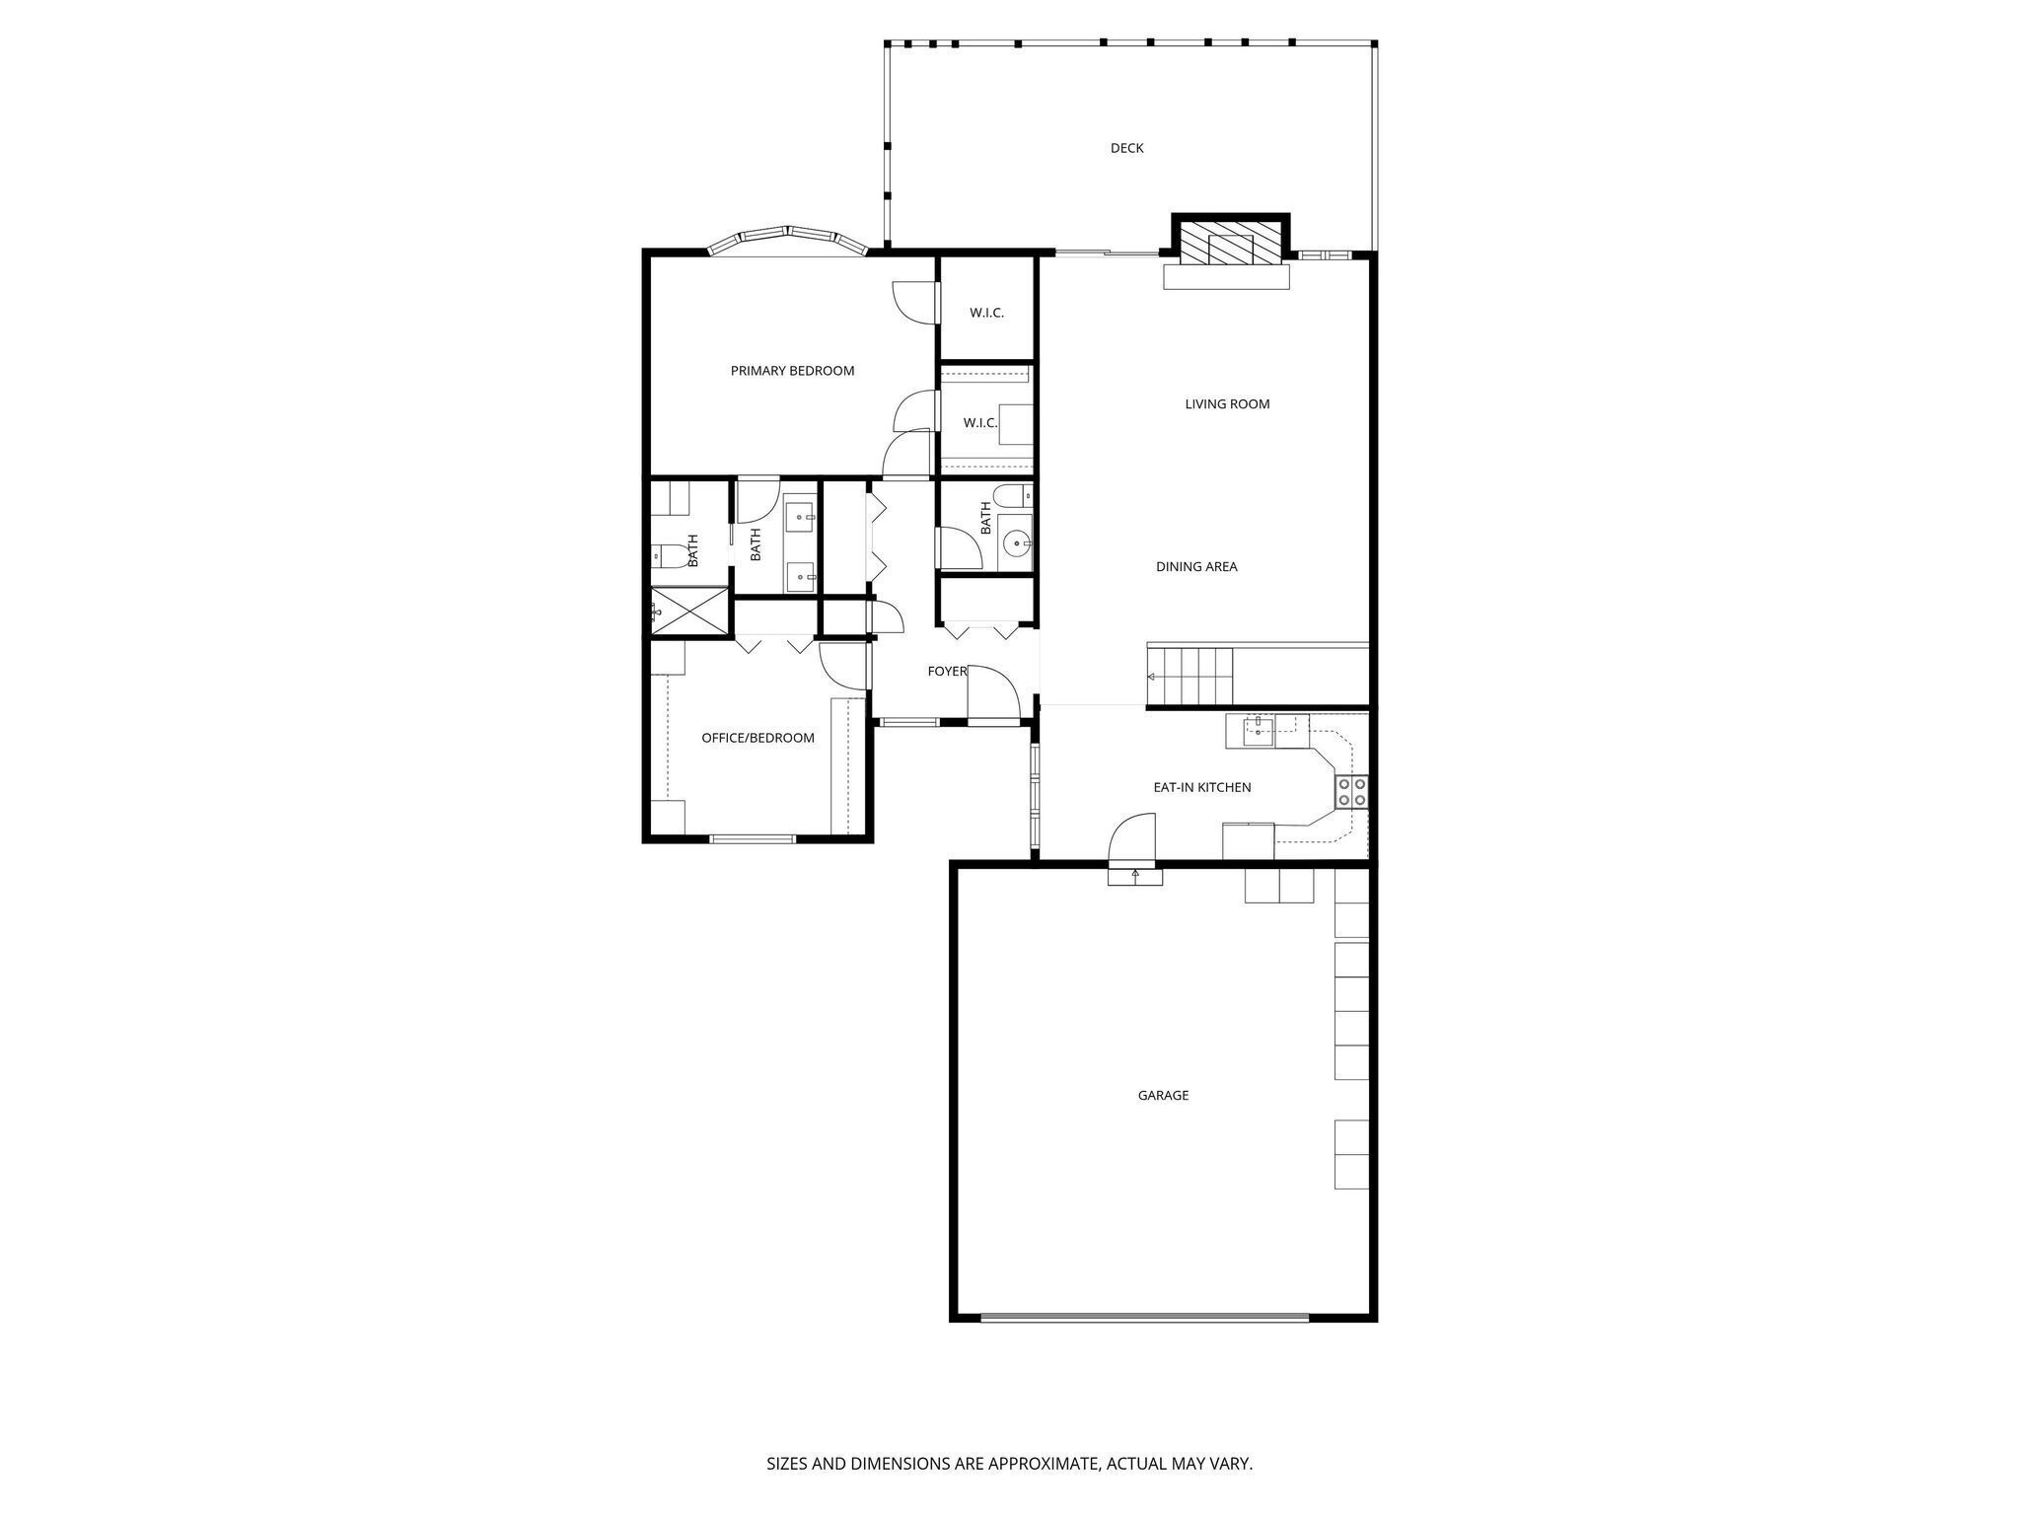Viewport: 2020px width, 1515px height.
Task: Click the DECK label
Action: [x=1126, y=148]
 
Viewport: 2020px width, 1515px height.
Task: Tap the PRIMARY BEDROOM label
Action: [x=792, y=371]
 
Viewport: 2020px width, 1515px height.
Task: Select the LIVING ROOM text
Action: [x=1227, y=403]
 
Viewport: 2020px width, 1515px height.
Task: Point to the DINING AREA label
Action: [x=1196, y=566]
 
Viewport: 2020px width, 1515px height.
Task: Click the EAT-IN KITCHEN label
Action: [x=1202, y=787]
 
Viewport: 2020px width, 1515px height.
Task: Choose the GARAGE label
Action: [x=1163, y=1095]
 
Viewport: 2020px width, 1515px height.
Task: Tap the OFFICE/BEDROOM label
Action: [x=757, y=738]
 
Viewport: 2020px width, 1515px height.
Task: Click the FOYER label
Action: [x=946, y=671]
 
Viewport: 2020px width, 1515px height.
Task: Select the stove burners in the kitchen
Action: [x=1351, y=792]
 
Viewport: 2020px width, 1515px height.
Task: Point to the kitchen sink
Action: [x=1259, y=730]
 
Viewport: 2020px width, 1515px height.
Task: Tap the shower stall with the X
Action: [x=689, y=610]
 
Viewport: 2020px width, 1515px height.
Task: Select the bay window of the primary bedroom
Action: [x=787, y=239]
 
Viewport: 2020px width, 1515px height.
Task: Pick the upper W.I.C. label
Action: [x=986, y=313]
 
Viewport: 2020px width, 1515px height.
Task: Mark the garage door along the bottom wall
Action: [x=1144, y=1317]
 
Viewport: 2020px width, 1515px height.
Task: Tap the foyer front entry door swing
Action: [x=992, y=695]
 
